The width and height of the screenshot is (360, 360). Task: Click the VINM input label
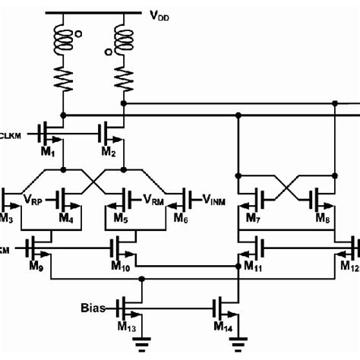pos(215,198)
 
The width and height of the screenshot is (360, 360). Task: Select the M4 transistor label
pos(67,220)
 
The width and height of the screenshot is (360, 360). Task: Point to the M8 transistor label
pos(322,220)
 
